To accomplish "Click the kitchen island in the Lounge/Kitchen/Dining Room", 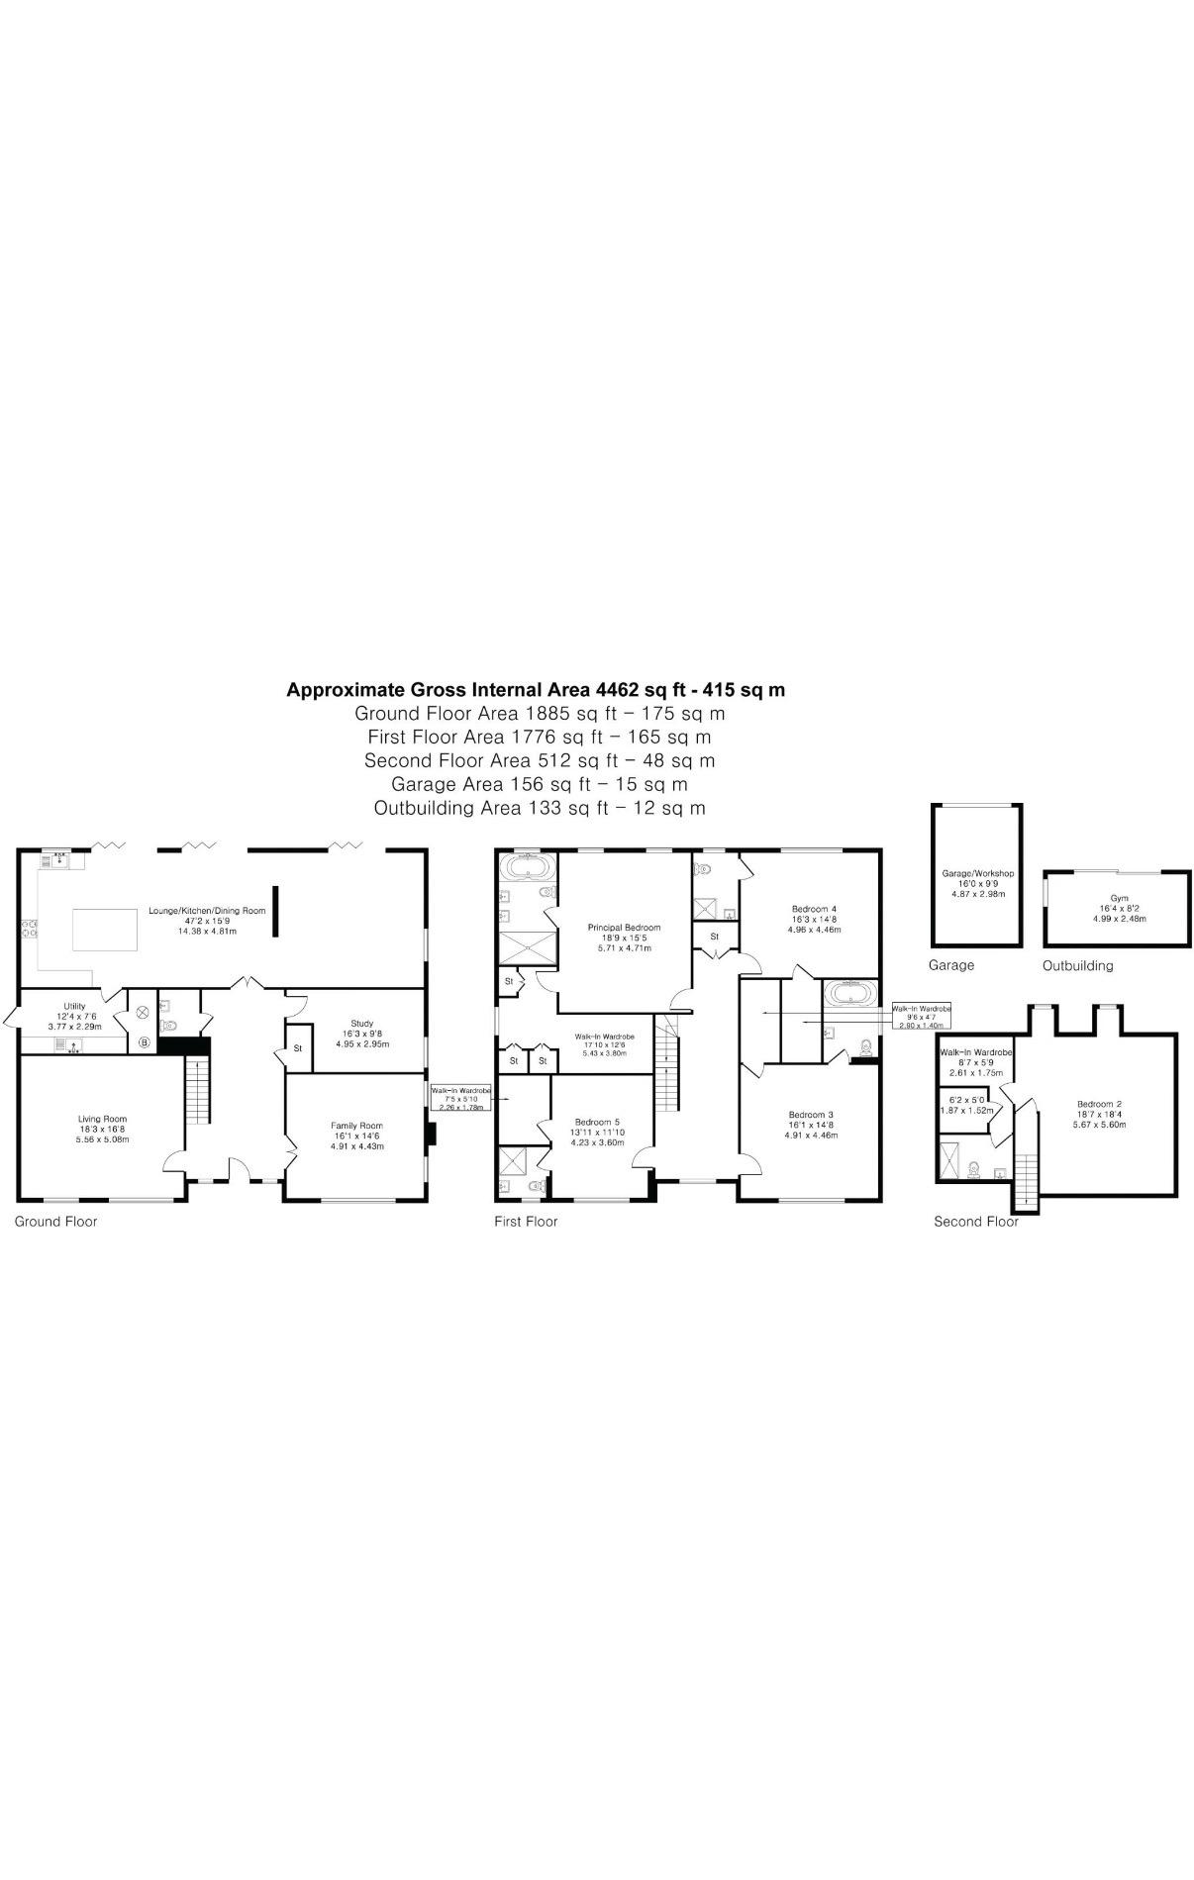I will tap(104, 930).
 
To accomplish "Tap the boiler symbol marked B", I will tap(144, 1041).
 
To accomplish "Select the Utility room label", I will tap(74, 1006).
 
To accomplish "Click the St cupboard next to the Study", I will tap(296, 1047).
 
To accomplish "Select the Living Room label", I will tap(103, 1119).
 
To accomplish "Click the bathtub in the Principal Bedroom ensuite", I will tap(528, 868).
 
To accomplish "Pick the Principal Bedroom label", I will tap(624, 928).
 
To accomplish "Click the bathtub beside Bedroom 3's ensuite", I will tap(847, 993).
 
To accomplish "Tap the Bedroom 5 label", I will tap(597, 1122).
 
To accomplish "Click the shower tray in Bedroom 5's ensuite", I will tap(513, 1160).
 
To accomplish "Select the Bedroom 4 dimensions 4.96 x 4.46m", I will tap(814, 930).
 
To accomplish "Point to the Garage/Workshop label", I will tap(977, 873).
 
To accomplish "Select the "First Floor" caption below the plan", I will tap(526, 1222).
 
